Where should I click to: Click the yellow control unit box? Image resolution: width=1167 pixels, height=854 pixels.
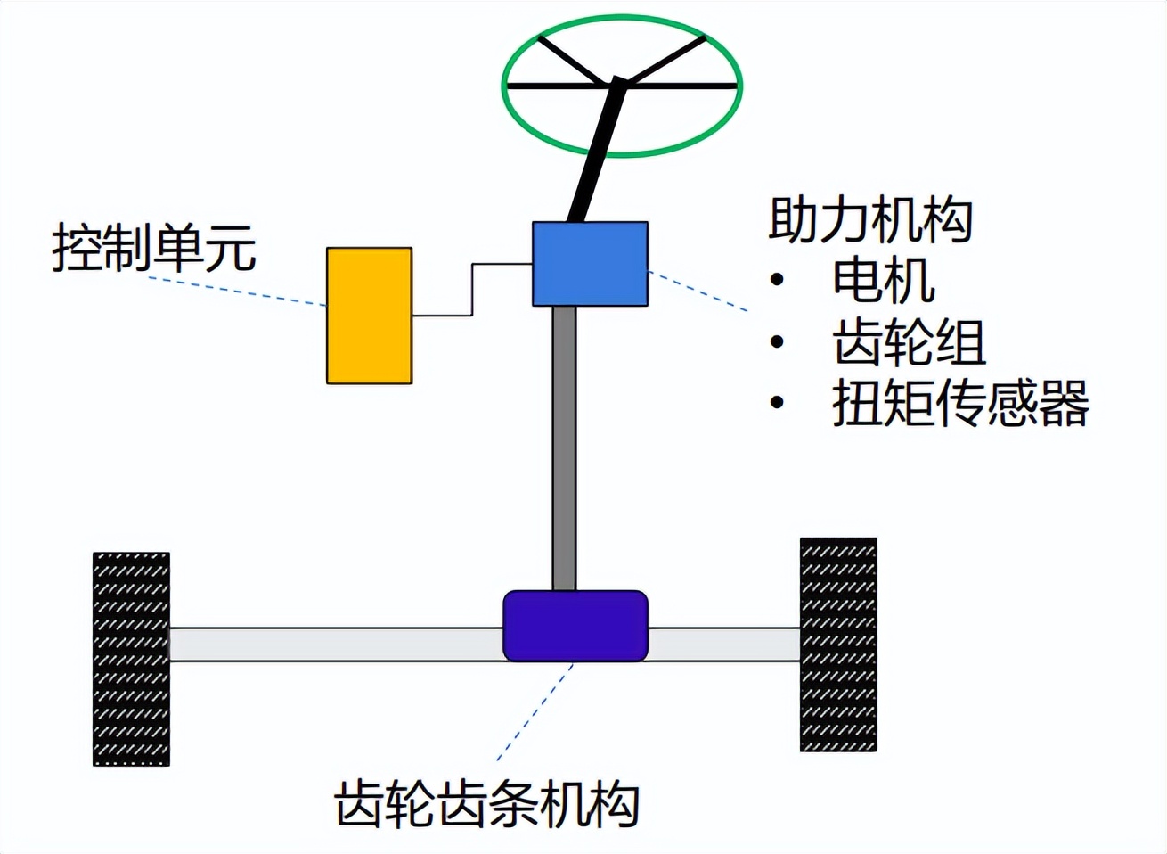pos(369,316)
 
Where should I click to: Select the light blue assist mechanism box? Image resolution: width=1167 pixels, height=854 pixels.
pos(590,264)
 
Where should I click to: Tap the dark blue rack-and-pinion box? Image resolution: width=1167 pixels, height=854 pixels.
pos(575,626)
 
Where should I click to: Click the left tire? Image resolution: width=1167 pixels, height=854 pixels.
pos(131,659)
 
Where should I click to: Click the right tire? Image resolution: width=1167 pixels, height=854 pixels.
pos(837,645)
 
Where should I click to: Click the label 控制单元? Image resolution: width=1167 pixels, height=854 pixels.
pos(154,248)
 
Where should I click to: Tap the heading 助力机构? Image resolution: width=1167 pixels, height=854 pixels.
pos(869,219)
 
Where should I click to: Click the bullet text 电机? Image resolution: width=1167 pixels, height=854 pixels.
pos(883,281)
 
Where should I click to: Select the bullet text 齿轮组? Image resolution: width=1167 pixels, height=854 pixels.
pos(909,342)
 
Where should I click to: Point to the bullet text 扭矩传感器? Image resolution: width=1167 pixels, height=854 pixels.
pos(960,403)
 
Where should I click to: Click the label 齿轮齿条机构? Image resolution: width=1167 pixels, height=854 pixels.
pos(487,805)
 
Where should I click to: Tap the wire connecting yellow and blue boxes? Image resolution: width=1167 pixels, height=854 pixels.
pos(472,290)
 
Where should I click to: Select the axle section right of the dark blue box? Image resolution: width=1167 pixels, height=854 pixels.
pos(722,645)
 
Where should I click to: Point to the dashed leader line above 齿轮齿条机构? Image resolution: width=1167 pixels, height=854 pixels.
pos(535,713)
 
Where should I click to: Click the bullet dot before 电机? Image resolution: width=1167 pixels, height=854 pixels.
pos(778,281)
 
